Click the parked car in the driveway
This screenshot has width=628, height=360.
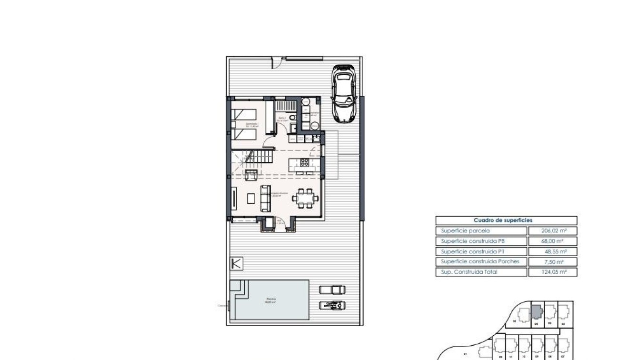point(344,94)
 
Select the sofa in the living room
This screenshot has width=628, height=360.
point(265,198)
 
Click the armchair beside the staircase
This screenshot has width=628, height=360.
point(251,174)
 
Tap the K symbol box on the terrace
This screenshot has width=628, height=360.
point(236,263)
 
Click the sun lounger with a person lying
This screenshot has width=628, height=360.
point(332,305)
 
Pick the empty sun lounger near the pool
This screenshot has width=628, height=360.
point(332,289)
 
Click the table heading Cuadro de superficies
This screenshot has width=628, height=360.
point(506,220)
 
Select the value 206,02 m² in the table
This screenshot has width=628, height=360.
point(552,231)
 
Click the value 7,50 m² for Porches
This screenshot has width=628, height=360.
point(555,262)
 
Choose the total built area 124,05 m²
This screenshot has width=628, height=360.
point(552,272)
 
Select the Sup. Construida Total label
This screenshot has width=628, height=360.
point(469,272)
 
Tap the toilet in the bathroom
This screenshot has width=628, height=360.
point(293,118)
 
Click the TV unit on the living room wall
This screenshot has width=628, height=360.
point(233,198)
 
